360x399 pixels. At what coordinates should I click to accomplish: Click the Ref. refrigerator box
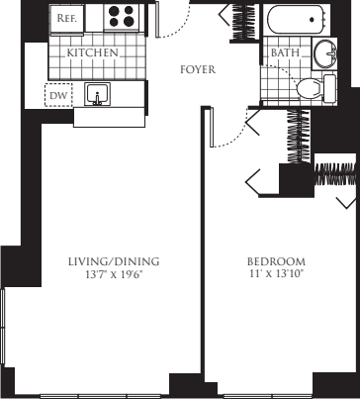tap(66, 17)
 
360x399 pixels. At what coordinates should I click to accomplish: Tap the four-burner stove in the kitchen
tap(123, 17)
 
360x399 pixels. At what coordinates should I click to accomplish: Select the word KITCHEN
tap(93, 51)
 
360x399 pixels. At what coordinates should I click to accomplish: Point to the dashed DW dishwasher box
tap(57, 95)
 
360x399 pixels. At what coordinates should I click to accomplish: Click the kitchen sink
tap(97, 94)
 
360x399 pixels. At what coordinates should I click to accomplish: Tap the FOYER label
tap(198, 70)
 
